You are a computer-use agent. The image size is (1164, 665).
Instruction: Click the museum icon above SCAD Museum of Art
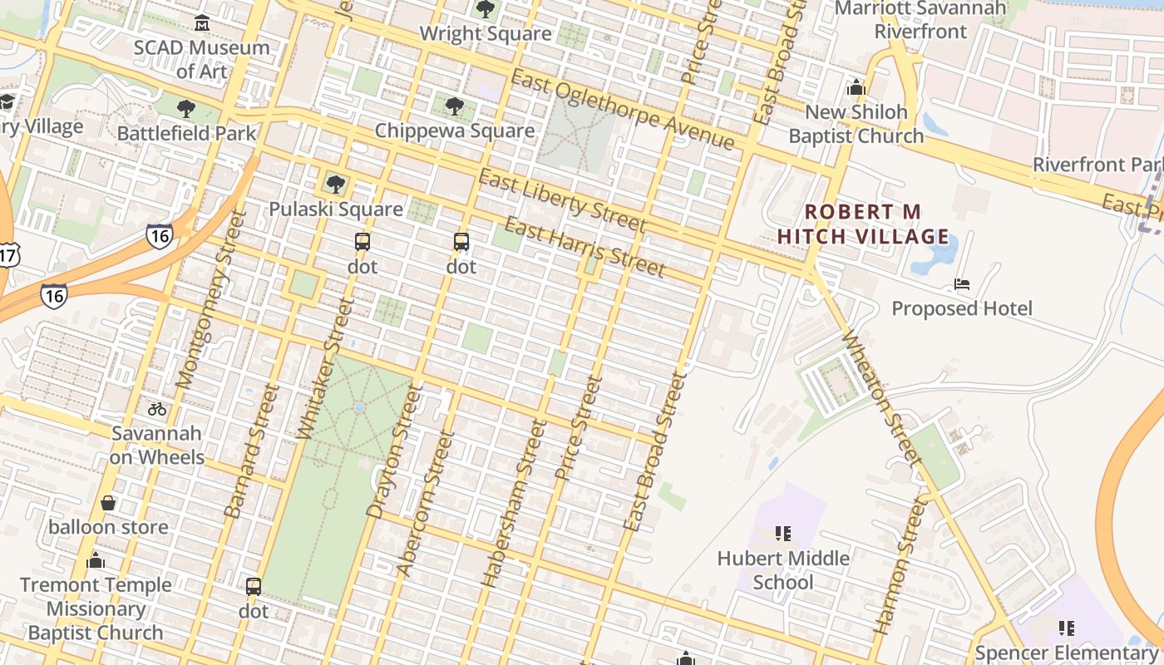tap(201, 21)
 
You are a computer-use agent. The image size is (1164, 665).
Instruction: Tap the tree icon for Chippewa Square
tap(454, 106)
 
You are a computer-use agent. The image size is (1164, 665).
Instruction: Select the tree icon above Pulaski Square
tap(335, 184)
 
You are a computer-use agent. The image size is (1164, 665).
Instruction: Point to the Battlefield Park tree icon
tap(186, 108)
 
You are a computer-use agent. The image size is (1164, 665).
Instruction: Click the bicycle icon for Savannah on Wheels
tap(156, 409)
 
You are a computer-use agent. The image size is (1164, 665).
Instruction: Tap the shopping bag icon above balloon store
tap(108, 503)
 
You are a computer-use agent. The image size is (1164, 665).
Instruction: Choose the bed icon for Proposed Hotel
tap(962, 284)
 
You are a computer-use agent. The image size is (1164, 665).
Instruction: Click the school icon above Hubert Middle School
tap(782, 533)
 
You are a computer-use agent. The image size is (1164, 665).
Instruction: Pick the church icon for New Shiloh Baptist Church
tap(856, 87)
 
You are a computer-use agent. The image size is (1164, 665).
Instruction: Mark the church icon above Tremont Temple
tap(96, 560)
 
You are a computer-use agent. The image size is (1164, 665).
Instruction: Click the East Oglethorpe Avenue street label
tap(623, 109)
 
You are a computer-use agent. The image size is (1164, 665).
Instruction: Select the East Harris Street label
tap(584, 247)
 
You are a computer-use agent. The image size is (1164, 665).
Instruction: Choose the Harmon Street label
tap(900, 565)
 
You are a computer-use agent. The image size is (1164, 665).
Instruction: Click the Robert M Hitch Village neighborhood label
tap(862, 224)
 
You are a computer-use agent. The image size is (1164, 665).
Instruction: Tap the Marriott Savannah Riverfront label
tap(920, 20)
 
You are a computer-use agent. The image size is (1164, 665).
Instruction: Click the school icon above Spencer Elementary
tap(1066, 628)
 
